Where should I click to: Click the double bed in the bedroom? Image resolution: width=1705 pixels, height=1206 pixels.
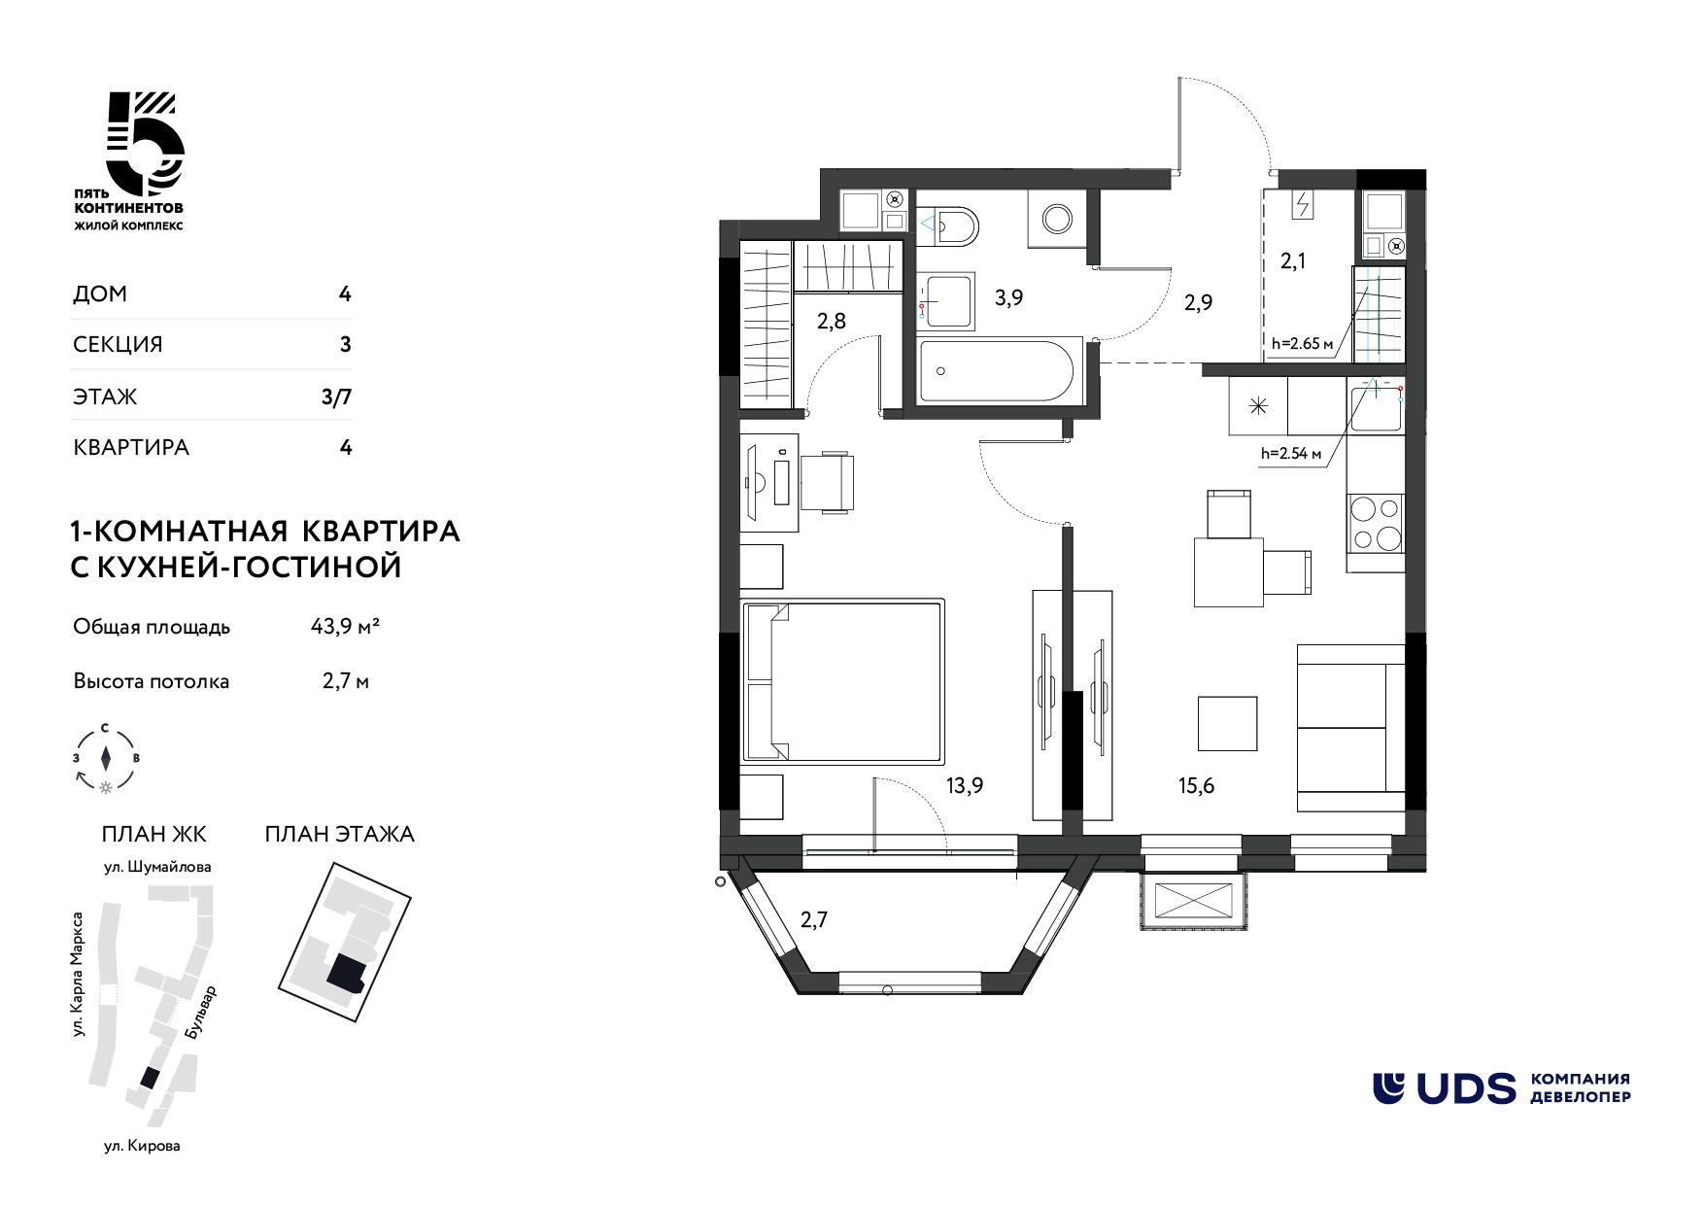click(x=842, y=681)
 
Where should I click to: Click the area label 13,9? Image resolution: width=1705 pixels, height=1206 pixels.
click(x=964, y=786)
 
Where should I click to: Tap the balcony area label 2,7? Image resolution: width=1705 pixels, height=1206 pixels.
click(x=813, y=918)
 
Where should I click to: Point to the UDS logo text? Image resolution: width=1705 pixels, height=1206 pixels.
click(x=1465, y=1088)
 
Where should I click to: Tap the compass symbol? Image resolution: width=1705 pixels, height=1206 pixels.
click(x=106, y=758)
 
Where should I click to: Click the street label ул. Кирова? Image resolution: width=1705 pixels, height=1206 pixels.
click(x=143, y=1146)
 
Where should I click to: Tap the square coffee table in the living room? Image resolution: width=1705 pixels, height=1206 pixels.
click(x=1228, y=723)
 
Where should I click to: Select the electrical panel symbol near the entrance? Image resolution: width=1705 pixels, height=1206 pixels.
click(x=1303, y=204)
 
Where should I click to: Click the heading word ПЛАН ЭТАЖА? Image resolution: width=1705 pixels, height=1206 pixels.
click(x=340, y=834)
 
